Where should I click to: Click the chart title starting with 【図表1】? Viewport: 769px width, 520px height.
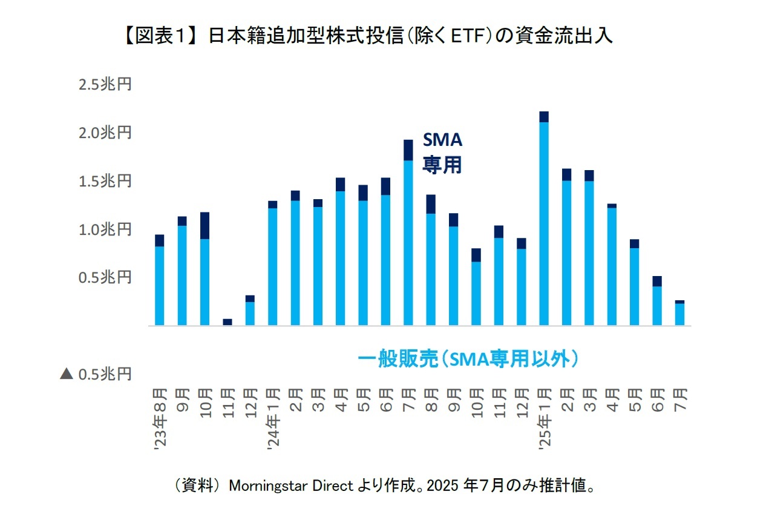point(368,36)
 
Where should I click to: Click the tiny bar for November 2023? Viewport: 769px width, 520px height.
point(227,322)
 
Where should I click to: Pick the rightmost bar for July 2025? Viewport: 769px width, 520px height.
point(679,314)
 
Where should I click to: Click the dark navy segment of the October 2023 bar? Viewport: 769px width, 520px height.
point(205,226)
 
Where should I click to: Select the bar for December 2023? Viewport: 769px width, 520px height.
point(250,311)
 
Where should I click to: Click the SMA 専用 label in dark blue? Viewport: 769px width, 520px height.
point(442,153)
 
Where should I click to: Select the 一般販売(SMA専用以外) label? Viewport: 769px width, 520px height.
point(468,360)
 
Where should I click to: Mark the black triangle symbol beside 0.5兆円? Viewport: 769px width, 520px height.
point(67,374)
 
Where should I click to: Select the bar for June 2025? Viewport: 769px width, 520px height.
point(657,301)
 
